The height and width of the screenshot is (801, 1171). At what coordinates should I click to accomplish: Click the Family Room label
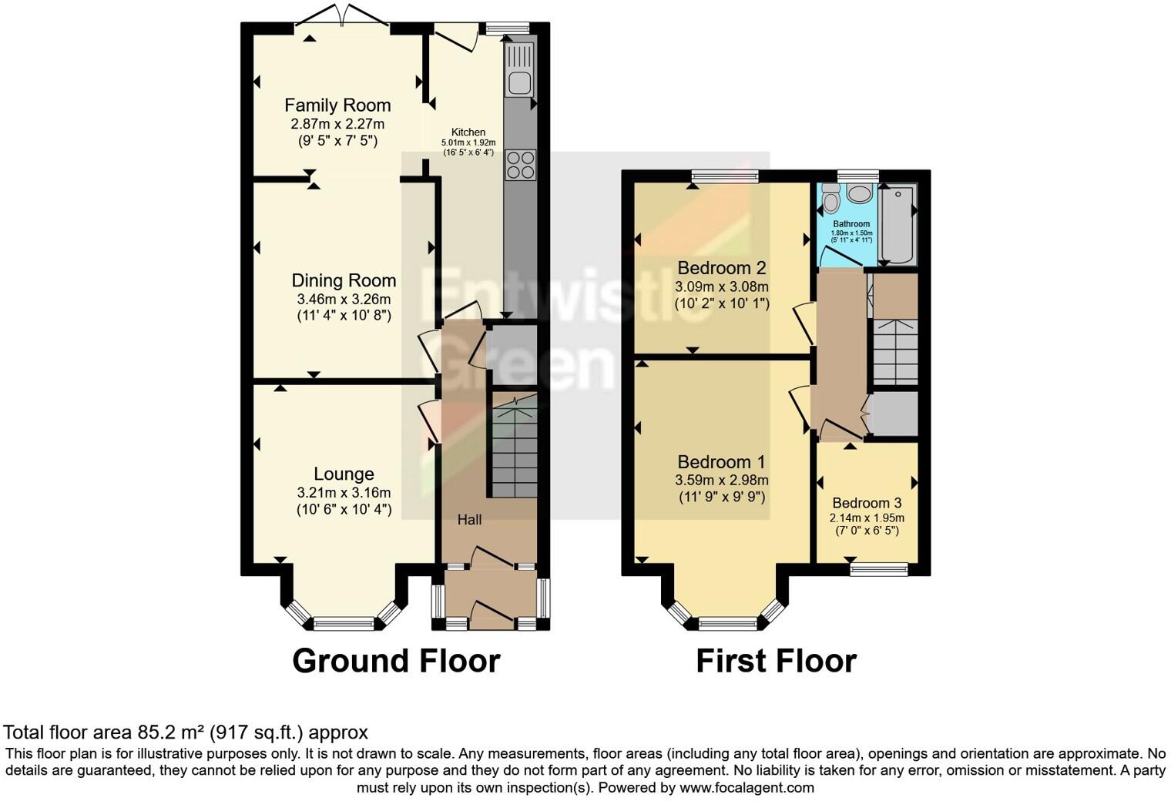click(x=337, y=106)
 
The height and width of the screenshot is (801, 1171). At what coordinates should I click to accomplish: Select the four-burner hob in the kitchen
click(x=520, y=164)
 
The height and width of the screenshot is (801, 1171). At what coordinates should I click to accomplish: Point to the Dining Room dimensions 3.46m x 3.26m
click(x=344, y=299)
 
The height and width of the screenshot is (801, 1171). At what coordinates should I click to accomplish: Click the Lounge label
click(x=344, y=474)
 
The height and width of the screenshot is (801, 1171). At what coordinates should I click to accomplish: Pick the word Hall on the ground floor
click(x=469, y=520)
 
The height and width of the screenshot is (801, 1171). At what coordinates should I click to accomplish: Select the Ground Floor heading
click(x=396, y=661)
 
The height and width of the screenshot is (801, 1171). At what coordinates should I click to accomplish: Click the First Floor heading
click(x=776, y=661)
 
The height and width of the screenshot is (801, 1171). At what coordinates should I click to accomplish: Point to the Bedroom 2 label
click(x=722, y=268)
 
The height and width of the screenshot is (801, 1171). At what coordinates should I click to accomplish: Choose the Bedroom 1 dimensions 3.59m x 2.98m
click(x=722, y=480)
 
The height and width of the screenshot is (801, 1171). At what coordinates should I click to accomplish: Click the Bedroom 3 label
click(x=867, y=504)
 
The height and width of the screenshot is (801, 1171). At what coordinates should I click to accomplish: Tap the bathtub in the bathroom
click(x=898, y=223)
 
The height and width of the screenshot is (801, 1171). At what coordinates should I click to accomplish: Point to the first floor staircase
click(x=894, y=351)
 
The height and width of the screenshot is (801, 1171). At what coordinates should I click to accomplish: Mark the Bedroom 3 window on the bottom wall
click(x=878, y=569)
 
